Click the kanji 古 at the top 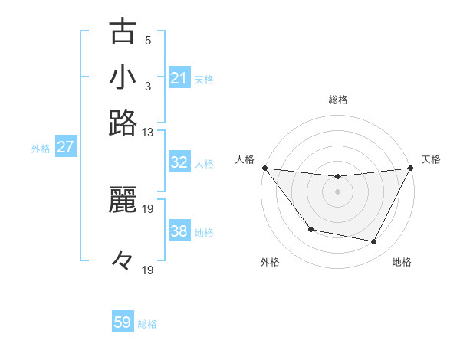click(123, 32)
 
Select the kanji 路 click(123, 123)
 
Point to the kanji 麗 click(123, 198)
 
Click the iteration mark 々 click(123, 260)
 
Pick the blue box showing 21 click(179, 78)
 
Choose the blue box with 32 click(179, 162)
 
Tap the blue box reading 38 click(179, 231)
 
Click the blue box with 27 click(65, 147)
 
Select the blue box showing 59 click(123, 322)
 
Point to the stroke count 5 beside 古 click(148, 40)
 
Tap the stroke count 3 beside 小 click(148, 86)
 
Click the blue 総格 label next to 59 click(147, 324)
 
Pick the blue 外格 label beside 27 click(41, 149)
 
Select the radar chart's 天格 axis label click(431, 159)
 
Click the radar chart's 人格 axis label click(245, 159)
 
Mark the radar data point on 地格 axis click(374, 242)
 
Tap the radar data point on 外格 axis click(310, 229)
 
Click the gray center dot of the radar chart click(337, 191)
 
